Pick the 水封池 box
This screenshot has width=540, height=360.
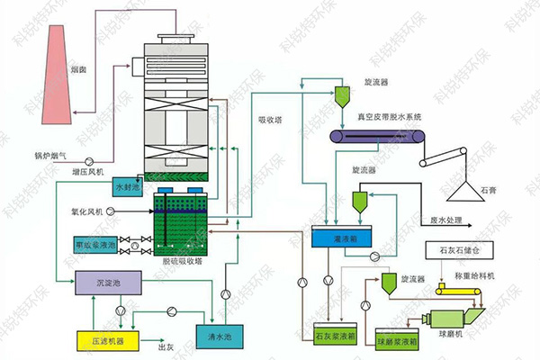point(126,187)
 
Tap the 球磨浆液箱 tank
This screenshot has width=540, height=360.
point(395,340)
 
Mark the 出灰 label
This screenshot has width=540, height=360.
point(166,347)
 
